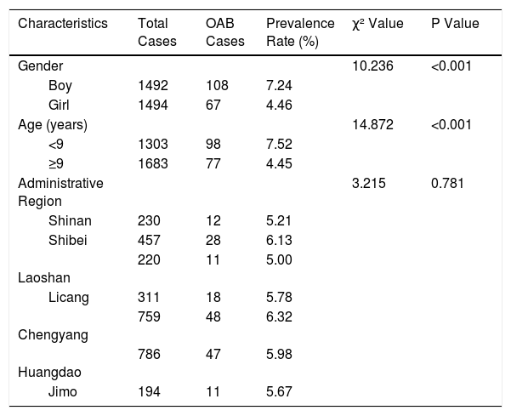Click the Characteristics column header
[x=63, y=24]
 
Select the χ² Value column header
[x=378, y=24]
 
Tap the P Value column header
[x=455, y=24]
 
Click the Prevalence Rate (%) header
[x=300, y=32]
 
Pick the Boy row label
[x=60, y=86]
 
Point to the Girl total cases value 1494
[x=153, y=105]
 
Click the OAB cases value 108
[x=217, y=85]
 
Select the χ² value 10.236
[x=372, y=66]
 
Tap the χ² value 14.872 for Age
[x=372, y=124]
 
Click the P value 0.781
[x=447, y=183]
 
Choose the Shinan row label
[x=70, y=220]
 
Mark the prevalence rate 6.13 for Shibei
[x=279, y=240]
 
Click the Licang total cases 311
[x=149, y=298]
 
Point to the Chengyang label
[x=53, y=335]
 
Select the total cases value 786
[x=149, y=355]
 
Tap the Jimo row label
[x=63, y=392]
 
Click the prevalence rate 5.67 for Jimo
[x=279, y=392]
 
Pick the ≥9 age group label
[x=56, y=163]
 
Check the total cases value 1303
[x=153, y=144]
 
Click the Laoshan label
[x=44, y=278]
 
